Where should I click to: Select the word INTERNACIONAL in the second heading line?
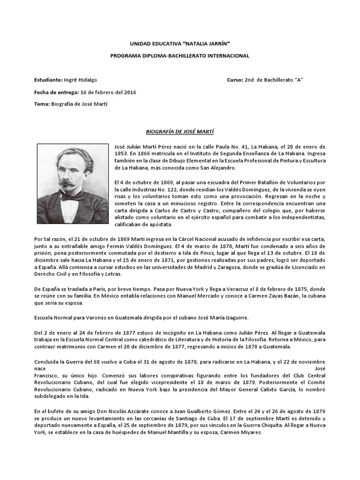(227, 55)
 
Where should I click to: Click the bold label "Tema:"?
(42, 104)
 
